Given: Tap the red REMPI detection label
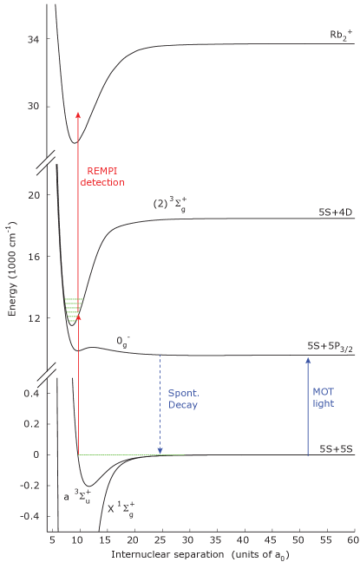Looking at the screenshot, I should click(102, 176).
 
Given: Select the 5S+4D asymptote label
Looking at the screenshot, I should click(334, 212).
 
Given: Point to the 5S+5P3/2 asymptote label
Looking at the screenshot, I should click(331, 346).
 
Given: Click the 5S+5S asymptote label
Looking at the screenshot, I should click(333, 449).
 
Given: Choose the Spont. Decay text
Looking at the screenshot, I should click(183, 398).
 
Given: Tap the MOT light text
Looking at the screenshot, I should click(323, 397).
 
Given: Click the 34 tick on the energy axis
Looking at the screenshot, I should click(33, 40).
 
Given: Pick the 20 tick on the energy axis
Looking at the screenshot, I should click(33, 195).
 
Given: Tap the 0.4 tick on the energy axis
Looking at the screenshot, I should click(31, 394).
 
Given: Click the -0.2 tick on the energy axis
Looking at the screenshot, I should click(29, 486).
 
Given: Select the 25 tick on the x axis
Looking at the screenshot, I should click(160, 539).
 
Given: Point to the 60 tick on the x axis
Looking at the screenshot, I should click(352, 539).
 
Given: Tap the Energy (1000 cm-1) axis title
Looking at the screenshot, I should click(10, 269).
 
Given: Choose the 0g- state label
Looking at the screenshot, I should click(124, 341).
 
